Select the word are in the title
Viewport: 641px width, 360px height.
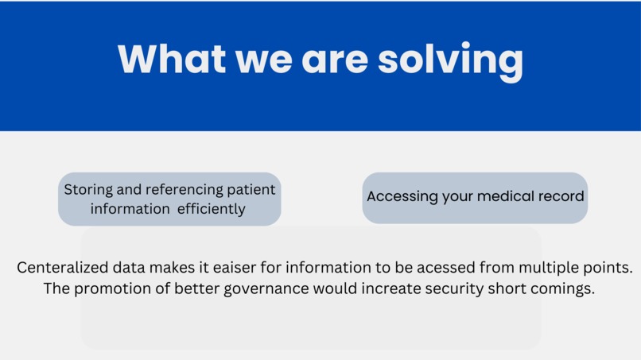point(333,59)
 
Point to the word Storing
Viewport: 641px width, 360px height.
point(89,190)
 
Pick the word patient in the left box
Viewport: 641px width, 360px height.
point(250,190)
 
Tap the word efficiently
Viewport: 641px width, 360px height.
point(207,209)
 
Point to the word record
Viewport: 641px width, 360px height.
point(561,196)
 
